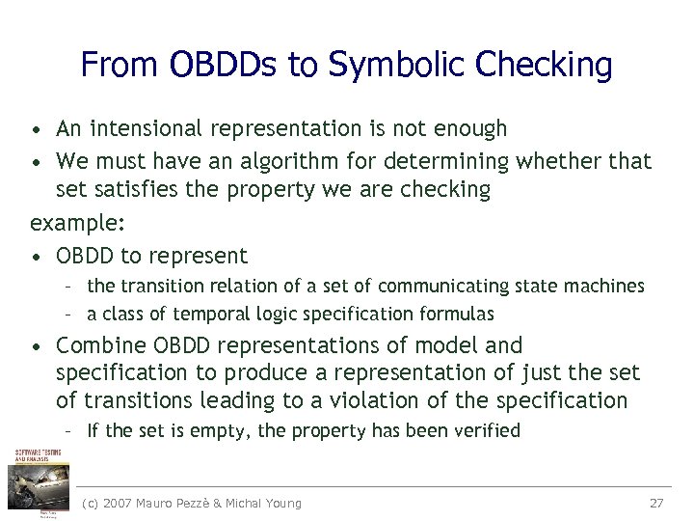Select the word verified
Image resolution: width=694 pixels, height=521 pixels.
click(x=485, y=431)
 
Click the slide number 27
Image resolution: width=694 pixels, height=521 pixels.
click(x=656, y=503)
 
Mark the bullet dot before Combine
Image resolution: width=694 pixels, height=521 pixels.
click(x=36, y=346)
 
